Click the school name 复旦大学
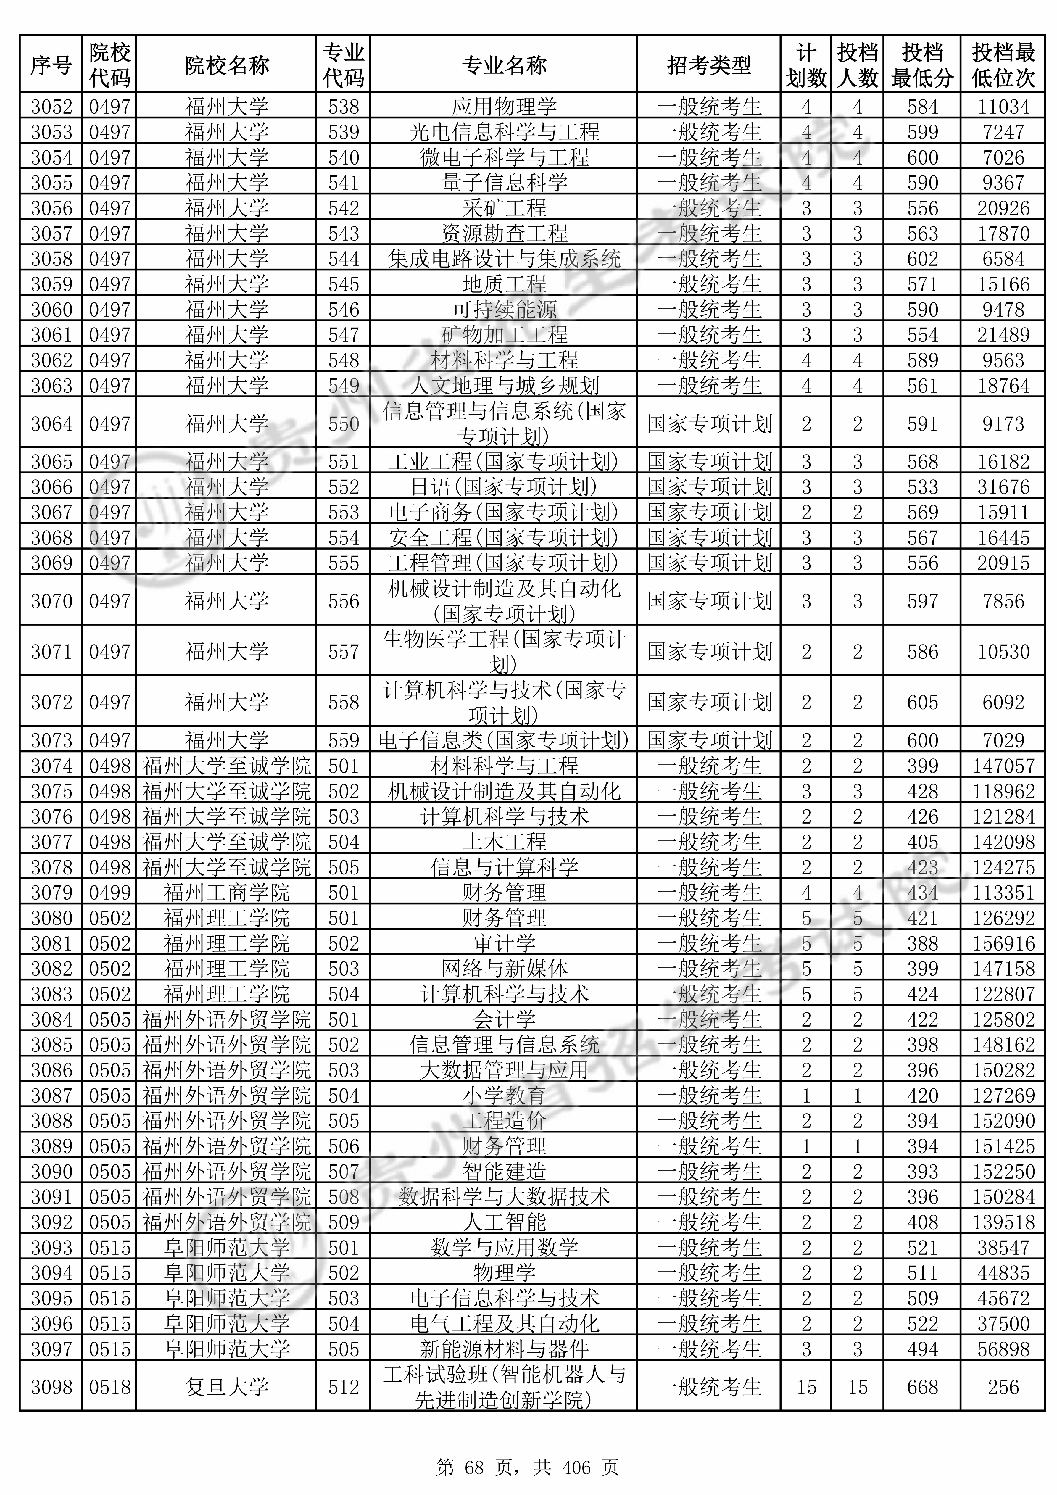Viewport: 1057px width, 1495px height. [227, 1387]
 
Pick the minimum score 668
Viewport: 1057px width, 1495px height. [922, 1387]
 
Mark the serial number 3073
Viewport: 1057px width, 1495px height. [51, 740]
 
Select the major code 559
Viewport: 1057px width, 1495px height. [343, 740]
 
